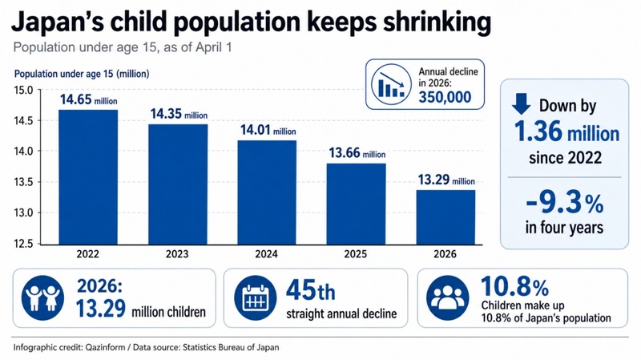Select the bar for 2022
tap(88, 177)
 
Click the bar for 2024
tap(267, 192)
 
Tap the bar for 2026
tap(445, 217)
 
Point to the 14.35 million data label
tap(179, 114)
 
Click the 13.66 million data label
tap(357, 153)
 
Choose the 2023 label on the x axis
tap(177, 254)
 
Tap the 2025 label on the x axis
tap(355, 254)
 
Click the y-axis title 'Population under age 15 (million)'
tap(82, 74)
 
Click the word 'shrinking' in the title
tap(437, 22)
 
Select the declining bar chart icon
tap(391, 84)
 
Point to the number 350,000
tap(445, 97)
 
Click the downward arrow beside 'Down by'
tap(521, 104)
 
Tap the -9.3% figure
tap(565, 203)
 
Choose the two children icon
tap(42, 297)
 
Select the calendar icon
tap(256, 297)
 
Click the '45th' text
tap(311, 290)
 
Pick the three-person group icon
tap(448, 297)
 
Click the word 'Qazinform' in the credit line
tap(105, 348)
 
